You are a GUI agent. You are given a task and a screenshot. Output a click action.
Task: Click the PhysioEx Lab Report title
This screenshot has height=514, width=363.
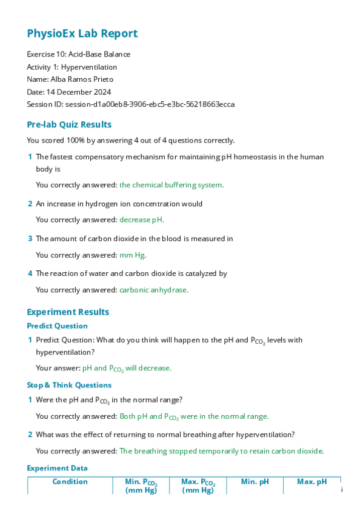82,34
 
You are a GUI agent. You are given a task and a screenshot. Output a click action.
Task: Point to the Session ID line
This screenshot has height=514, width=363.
130,104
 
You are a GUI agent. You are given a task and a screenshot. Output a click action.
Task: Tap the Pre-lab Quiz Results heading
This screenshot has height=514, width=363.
69,125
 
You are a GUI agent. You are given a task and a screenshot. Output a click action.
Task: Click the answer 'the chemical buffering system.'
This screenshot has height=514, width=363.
172,185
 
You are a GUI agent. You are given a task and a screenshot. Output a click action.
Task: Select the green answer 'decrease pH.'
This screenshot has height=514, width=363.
142,220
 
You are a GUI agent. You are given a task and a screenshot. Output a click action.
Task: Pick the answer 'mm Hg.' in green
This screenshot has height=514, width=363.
133,255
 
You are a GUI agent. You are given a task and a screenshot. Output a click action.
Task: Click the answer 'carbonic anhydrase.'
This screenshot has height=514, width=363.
154,290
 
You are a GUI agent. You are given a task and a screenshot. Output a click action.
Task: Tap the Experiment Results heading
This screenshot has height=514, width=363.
68,312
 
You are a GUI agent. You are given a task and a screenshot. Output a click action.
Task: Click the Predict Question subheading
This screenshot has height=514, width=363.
57,326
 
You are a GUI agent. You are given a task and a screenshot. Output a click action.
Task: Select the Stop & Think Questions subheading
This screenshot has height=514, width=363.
69,385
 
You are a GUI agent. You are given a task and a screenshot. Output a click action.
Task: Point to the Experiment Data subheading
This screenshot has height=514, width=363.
57,468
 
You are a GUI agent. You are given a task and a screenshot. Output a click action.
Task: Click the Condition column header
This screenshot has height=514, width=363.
70,482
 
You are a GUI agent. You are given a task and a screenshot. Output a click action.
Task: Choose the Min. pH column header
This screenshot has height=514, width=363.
255,482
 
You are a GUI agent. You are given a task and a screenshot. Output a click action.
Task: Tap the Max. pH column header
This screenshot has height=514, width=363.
311,482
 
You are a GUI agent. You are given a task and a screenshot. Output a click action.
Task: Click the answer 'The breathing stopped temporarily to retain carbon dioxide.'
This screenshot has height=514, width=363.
222,451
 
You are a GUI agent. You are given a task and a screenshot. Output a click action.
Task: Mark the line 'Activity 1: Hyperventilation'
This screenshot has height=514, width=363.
72,67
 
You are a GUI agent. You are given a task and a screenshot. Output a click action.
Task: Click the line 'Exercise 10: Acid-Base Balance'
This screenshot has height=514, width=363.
78,55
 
